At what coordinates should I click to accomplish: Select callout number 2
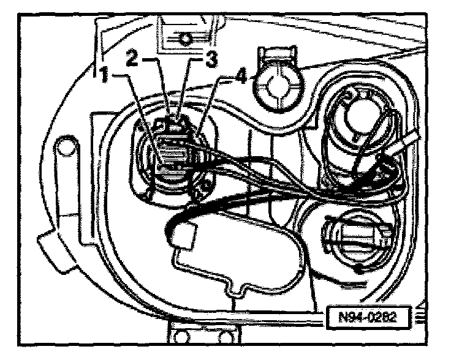pyautogui.click(x=132, y=59)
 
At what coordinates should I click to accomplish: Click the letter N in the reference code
pyautogui.click(x=344, y=318)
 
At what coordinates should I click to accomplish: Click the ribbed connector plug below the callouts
pyautogui.click(x=174, y=156)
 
